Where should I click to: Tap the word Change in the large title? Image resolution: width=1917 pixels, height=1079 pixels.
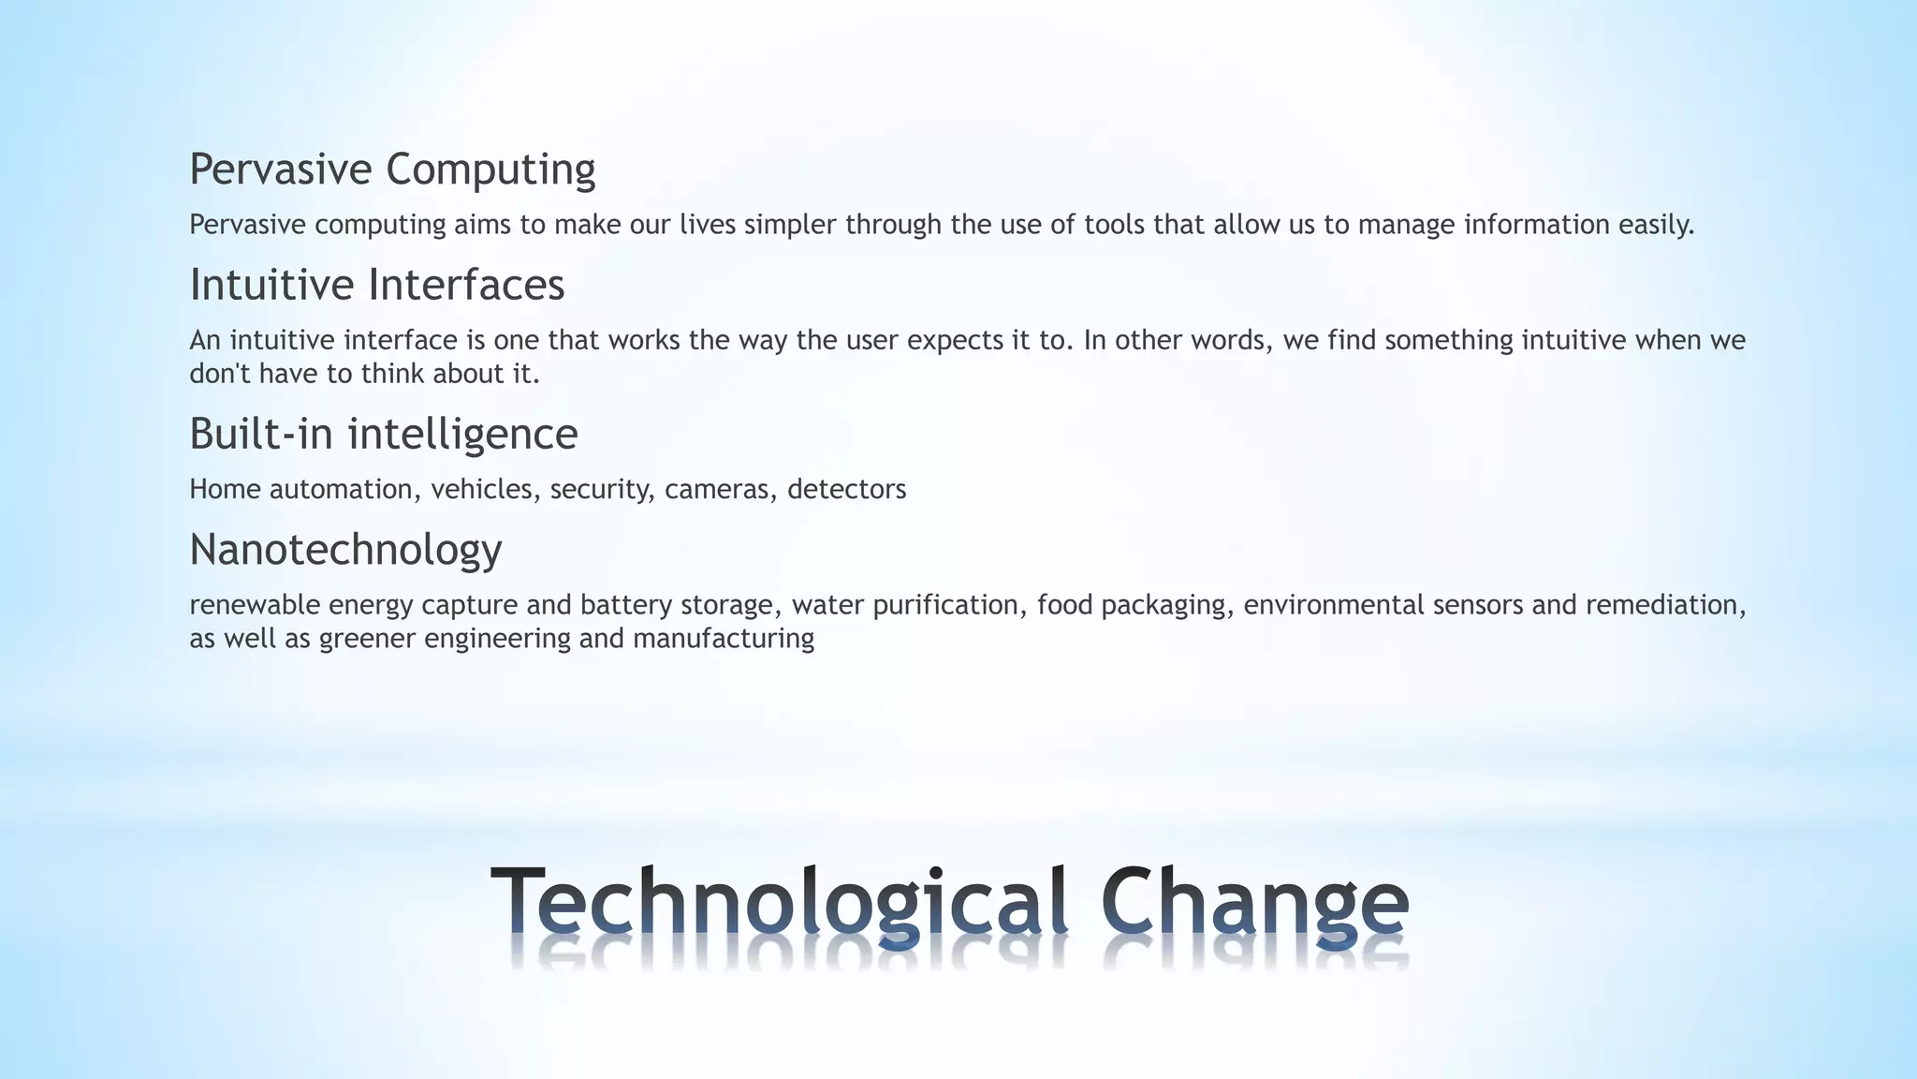[1254, 901]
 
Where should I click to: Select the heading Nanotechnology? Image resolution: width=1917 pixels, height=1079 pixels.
[345, 550]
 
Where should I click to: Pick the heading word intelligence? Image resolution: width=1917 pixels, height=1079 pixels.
[462, 435]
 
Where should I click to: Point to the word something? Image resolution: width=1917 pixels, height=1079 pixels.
[1448, 340]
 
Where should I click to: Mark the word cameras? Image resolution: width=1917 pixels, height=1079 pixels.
[720, 489]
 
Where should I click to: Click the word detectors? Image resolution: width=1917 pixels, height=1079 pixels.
[846, 489]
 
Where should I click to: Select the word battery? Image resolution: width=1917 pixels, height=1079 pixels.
[626, 605]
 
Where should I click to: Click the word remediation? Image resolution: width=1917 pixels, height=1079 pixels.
[1665, 605]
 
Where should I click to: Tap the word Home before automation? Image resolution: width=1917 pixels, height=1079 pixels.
[225, 489]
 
